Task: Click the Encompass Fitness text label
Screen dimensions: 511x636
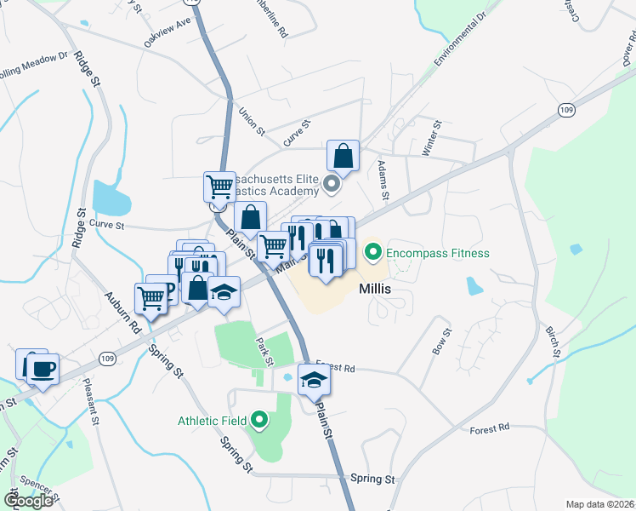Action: [438, 253]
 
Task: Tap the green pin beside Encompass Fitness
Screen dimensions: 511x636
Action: [372, 252]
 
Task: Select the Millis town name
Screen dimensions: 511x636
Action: [375, 289]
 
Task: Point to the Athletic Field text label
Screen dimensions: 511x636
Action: [212, 420]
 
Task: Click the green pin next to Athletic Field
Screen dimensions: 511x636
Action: [259, 420]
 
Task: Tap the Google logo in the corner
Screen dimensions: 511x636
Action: [28, 500]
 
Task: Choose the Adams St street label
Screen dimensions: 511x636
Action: [383, 181]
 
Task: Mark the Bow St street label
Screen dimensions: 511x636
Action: [439, 336]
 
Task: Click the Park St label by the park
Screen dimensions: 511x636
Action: [264, 350]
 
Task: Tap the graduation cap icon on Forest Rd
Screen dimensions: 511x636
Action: [314, 381]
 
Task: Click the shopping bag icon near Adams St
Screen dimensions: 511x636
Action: [344, 157]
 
